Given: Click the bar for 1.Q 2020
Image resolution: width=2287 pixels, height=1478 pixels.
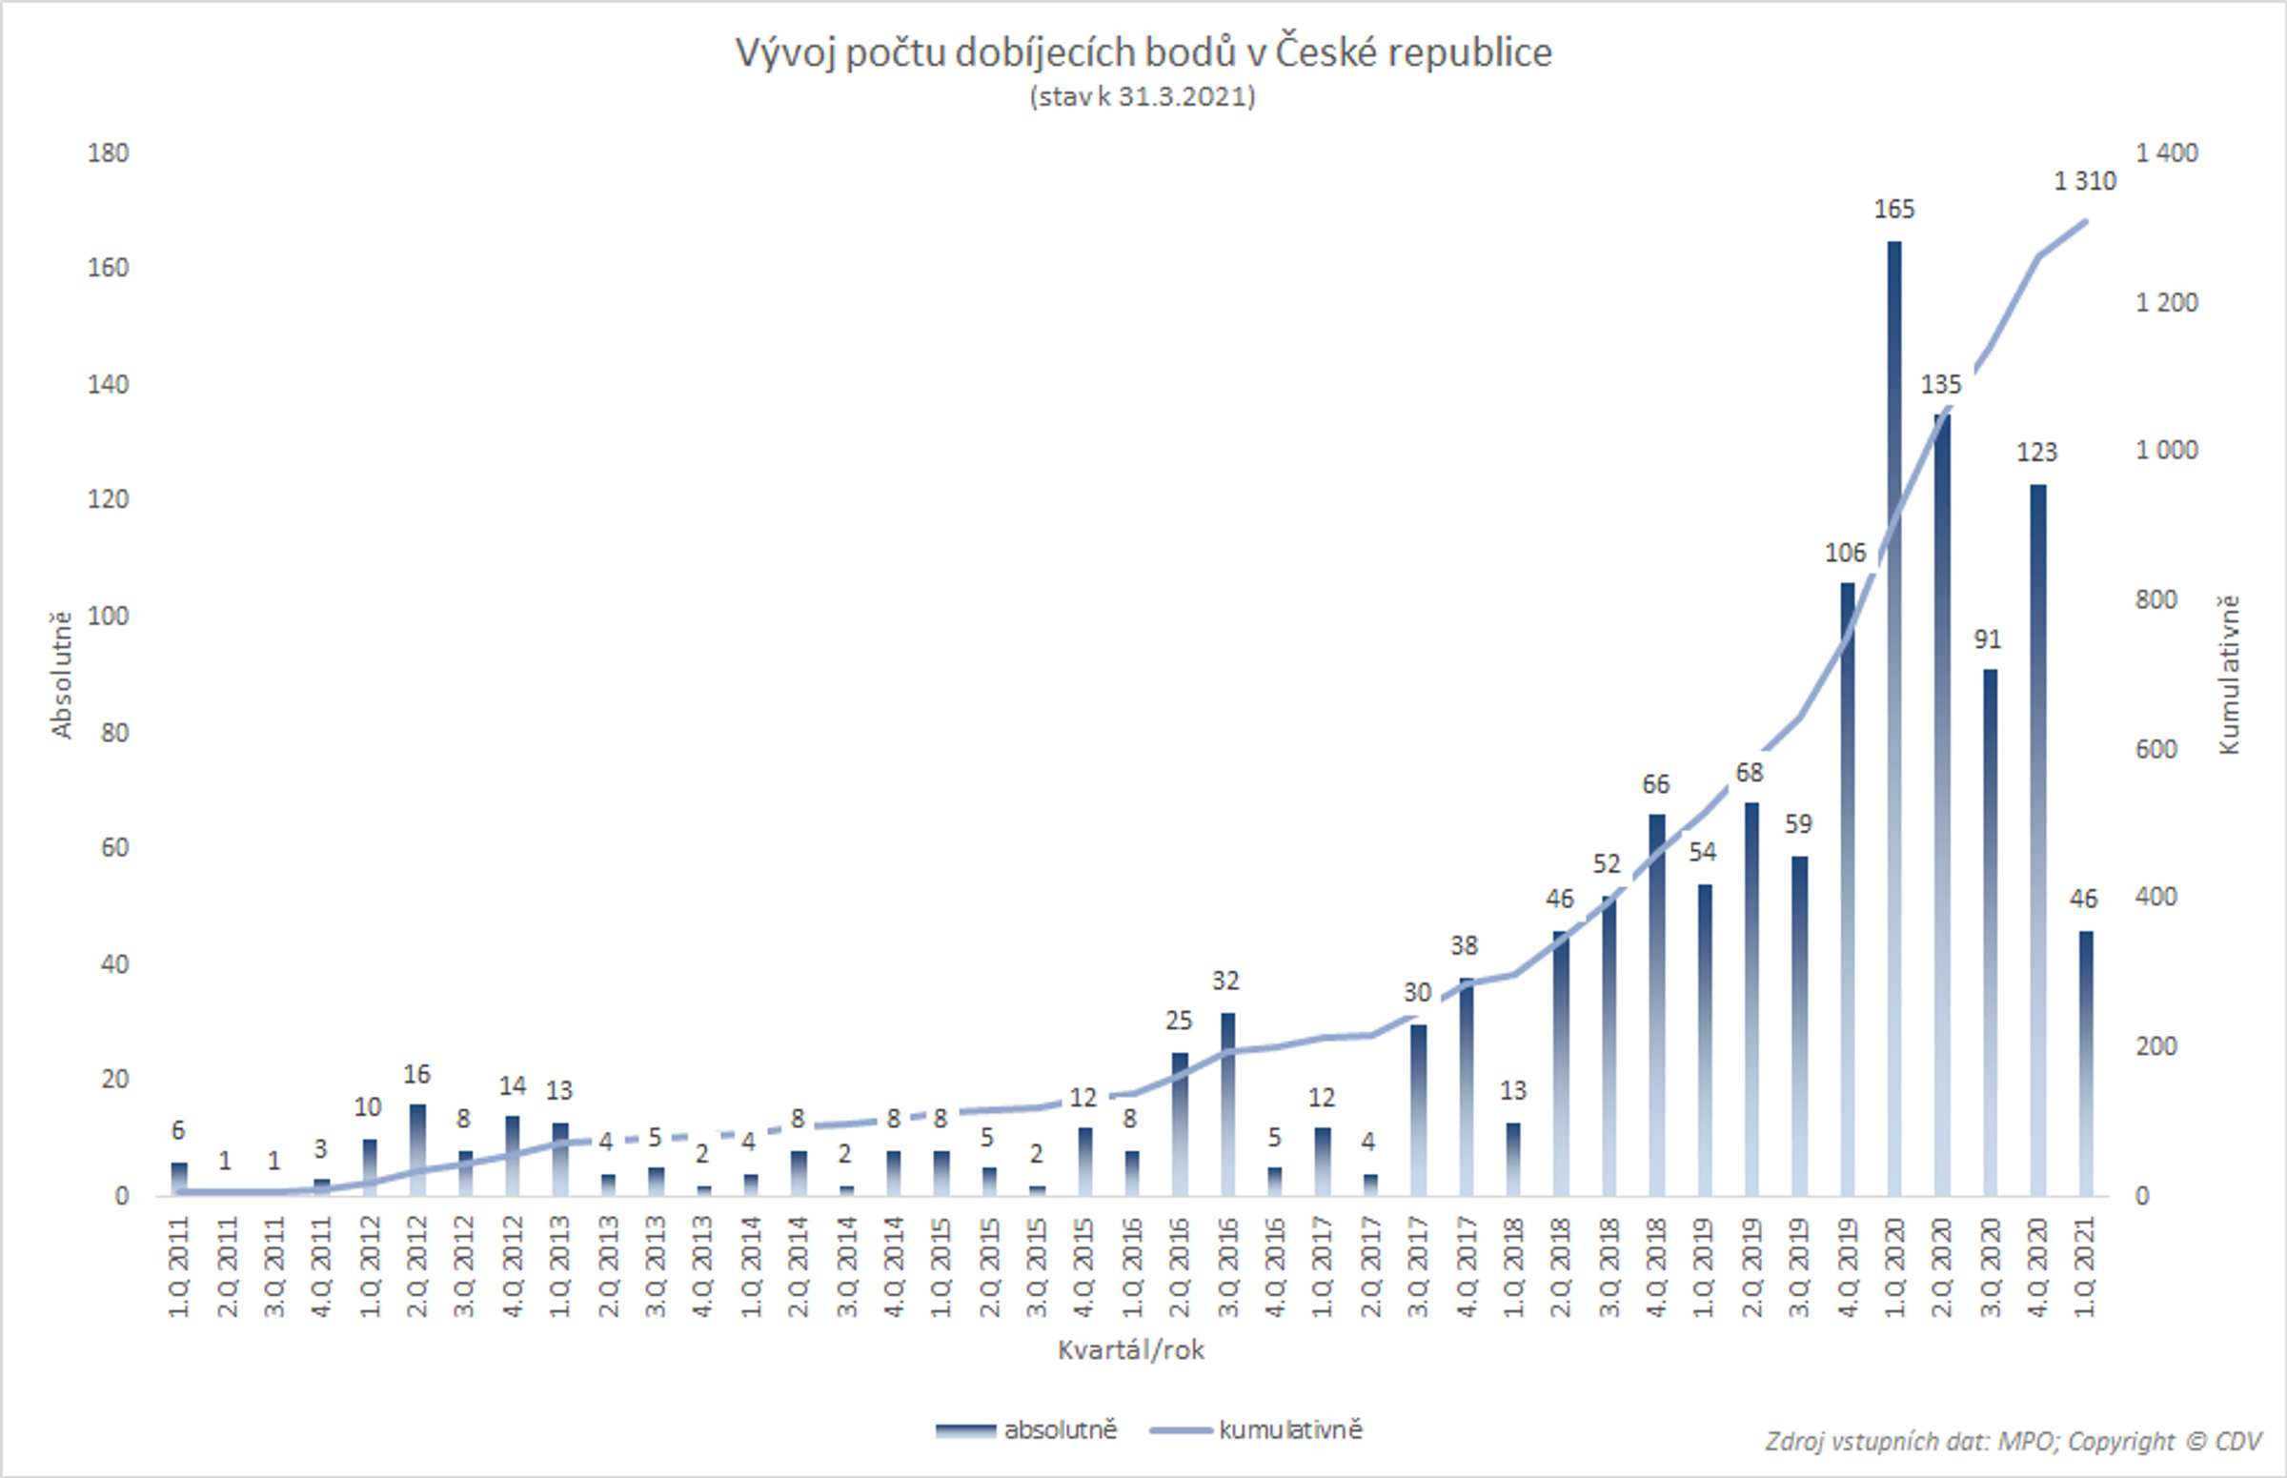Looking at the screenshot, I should click(x=1893, y=719).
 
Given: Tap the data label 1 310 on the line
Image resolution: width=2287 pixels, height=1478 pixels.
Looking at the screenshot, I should click(x=2084, y=181).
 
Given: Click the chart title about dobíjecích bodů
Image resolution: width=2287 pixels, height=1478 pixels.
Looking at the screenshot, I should click(x=1143, y=52).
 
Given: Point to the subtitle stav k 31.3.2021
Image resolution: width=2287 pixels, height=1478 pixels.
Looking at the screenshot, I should click(x=1142, y=97).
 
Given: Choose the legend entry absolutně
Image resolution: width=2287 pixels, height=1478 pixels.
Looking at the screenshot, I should click(x=1027, y=1430).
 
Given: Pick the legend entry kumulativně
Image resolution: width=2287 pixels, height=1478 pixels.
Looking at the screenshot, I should click(x=1257, y=1430).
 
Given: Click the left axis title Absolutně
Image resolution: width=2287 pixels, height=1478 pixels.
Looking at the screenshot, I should click(x=61, y=675).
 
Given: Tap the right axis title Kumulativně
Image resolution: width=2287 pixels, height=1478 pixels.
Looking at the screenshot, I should click(x=2229, y=675).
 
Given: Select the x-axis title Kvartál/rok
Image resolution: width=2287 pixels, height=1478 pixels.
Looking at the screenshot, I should click(x=1130, y=1350).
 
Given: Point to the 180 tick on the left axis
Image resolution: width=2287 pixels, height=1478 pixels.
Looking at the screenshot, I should click(x=108, y=153).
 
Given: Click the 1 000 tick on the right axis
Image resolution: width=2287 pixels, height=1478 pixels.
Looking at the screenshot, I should click(x=2166, y=450).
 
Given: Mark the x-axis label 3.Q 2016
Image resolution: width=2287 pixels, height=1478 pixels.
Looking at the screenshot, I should click(x=1227, y=1266).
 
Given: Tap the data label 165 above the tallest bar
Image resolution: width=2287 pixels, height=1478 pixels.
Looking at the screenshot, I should click(x=1893, y=210).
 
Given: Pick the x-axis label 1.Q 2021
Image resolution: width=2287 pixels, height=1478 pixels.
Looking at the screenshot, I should click(x=2084, y=1266).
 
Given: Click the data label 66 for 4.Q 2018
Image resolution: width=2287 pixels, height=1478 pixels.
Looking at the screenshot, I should click(x=1655, y=785).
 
